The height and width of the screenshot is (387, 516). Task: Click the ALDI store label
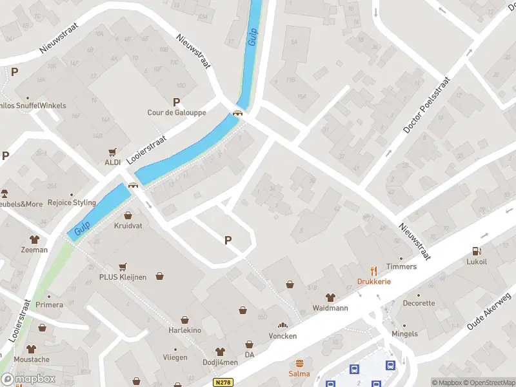[x=113, y=163]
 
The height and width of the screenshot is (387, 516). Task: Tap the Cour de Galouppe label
[x=177, y=112]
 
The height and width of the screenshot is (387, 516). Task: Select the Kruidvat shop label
[x=128, y=226]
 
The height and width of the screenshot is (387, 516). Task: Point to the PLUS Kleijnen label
[x=123, y=277]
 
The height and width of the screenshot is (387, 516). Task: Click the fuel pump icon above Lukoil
[x=476, y=251]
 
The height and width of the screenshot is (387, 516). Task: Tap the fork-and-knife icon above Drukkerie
[x=373, y=270]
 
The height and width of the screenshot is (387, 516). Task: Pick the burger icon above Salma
[x=299, y=362]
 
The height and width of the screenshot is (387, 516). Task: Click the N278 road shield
[x=223, y=382]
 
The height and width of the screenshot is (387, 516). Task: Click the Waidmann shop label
[x=330, y=308]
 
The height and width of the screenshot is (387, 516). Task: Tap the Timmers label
[x=401, y=266]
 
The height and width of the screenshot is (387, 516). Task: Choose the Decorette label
[x=419, y=303]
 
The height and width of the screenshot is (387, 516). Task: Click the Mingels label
[x=404, y=333]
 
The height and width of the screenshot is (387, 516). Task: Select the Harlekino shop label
[x=185, y=330]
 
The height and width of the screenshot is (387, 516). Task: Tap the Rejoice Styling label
[x=72, y=203]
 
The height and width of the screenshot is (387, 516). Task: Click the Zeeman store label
[x=34, y=250]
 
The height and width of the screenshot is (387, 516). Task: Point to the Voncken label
[x=283, y=336]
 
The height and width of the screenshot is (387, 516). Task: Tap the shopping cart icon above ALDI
[x=113, y=152]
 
